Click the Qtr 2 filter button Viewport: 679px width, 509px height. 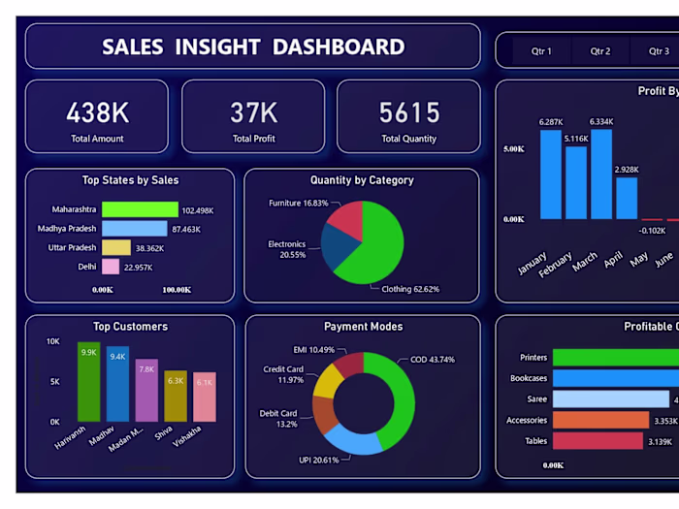600,51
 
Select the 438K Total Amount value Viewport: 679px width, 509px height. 97,112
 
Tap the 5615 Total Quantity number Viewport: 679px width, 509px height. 408,112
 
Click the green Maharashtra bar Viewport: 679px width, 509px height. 140,209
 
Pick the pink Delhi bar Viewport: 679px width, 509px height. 111,267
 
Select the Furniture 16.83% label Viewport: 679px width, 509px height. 298,204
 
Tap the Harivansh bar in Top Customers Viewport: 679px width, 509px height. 88,382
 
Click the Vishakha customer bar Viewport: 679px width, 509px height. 204,397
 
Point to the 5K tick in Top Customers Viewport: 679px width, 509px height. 53,382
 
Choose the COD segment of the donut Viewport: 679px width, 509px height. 396,393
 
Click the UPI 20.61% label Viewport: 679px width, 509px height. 319,460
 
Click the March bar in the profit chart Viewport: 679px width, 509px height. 601,175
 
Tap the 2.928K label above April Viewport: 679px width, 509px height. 627,170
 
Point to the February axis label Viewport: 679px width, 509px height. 555,266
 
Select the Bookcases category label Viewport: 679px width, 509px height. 529,378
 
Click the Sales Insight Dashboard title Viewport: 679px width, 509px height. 253,47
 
